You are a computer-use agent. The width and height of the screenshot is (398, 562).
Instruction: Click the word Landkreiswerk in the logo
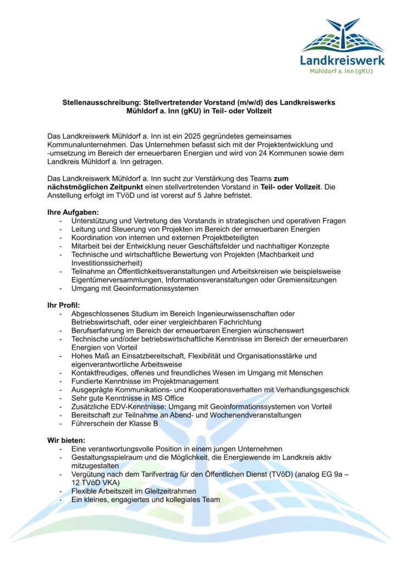(342, 60)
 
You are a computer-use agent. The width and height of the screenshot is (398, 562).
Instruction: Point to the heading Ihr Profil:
(64, 305)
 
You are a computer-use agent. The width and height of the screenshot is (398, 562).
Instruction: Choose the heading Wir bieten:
(67, 440)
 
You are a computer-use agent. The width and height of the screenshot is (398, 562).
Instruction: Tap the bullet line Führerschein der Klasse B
(114, 423)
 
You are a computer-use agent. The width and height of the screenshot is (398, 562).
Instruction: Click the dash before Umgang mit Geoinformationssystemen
(60, 288)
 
